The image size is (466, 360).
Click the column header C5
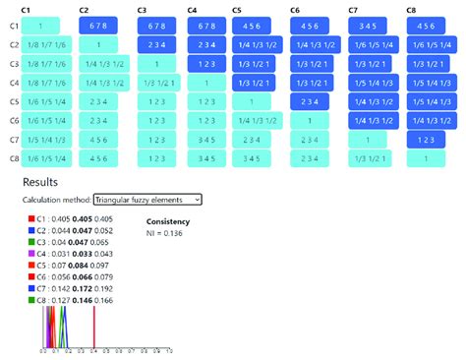pos(237,9)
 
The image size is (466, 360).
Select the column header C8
pos(411,9)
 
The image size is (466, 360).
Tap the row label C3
pos(14,63)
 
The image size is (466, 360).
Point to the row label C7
pos(14,140)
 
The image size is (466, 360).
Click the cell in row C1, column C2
pos(97,26)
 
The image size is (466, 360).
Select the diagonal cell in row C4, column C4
pos(205,82)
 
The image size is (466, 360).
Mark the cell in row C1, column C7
pos(370,26)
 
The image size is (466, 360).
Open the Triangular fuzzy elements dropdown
pos(146,199)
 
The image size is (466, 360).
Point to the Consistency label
pos(169,221)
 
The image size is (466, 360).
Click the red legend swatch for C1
pos(31,218)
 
